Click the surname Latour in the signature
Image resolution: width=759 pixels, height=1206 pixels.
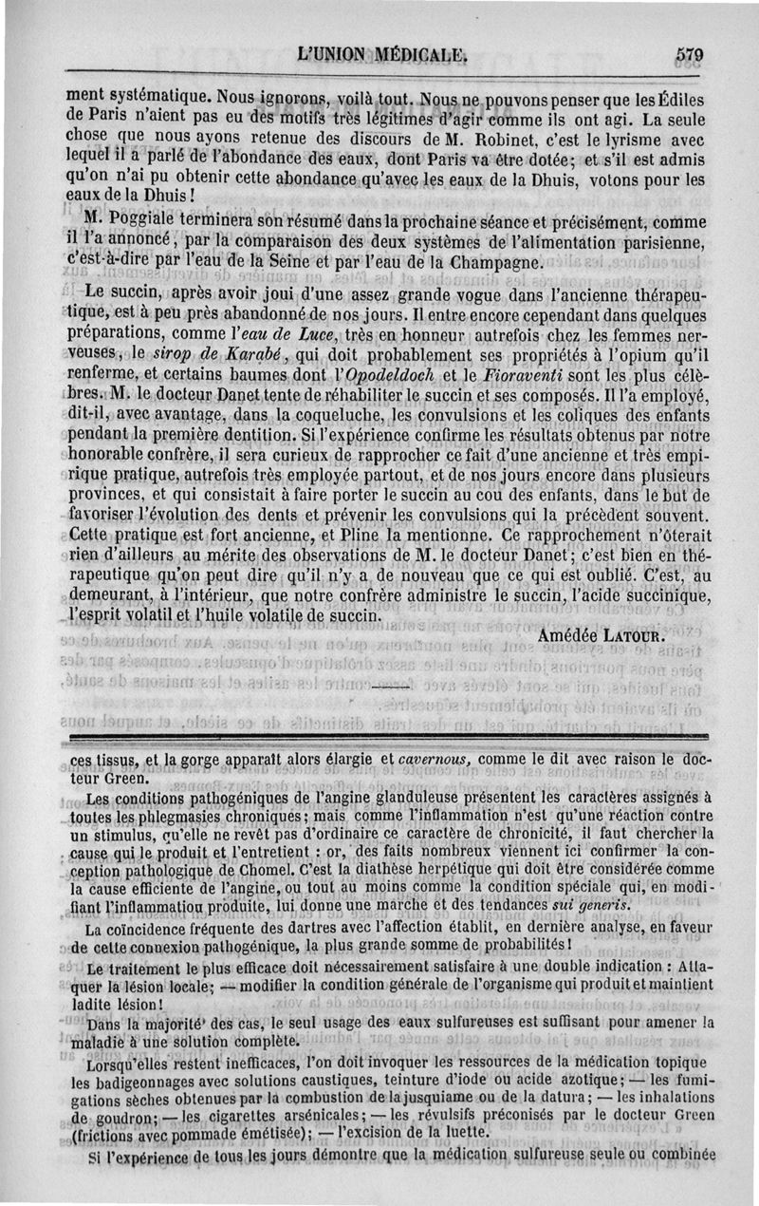(x=636, y=634)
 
